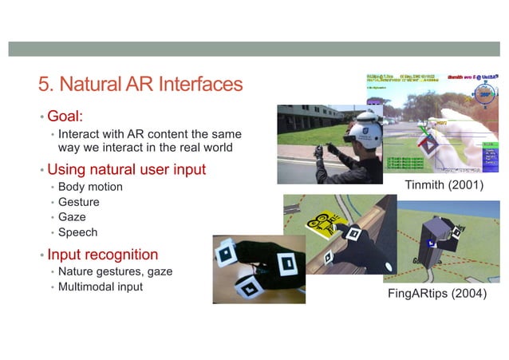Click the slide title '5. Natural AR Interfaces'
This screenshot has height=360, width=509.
140,84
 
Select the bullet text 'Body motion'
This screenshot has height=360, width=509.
90,187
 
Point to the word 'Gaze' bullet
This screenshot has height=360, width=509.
72,217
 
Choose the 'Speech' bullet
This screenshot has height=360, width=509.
77,232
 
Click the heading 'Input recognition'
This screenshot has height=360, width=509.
102,255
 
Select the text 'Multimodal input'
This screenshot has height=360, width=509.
100,287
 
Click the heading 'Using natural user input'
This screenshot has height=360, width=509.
126,169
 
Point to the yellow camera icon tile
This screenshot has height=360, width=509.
323,224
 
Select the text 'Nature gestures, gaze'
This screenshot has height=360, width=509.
115,271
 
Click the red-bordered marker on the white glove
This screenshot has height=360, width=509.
432,143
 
